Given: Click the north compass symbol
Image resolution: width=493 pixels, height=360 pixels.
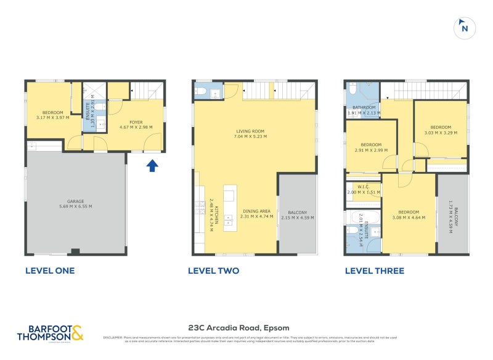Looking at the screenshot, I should pyautogui.click(x=464, y=28).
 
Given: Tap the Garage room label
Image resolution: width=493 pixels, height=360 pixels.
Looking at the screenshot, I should pyautogui.click(x=76, y=204).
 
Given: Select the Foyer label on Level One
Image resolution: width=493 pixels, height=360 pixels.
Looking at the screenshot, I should pyautogui.click(x=136, y=125).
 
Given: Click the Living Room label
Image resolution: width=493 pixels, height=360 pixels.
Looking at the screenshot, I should pyautogui.click(x=250, y=134).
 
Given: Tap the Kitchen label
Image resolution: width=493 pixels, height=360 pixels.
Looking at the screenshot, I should pyautogui.click(x=214, y=213).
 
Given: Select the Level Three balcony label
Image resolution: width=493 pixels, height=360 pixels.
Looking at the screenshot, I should pyautogui.click(x=453, y=213).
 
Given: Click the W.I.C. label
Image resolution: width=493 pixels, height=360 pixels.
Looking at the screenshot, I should pyautogui.click(x=362, y=189).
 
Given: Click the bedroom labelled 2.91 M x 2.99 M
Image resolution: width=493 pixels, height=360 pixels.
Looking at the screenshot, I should pyautogui.click(x=371, y=147).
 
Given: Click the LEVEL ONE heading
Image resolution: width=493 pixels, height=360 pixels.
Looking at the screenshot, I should pyautogui.click(x=49, y=271).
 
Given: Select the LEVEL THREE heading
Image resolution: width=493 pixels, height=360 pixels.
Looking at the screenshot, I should pyautogui.click(x=374, y=271).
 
